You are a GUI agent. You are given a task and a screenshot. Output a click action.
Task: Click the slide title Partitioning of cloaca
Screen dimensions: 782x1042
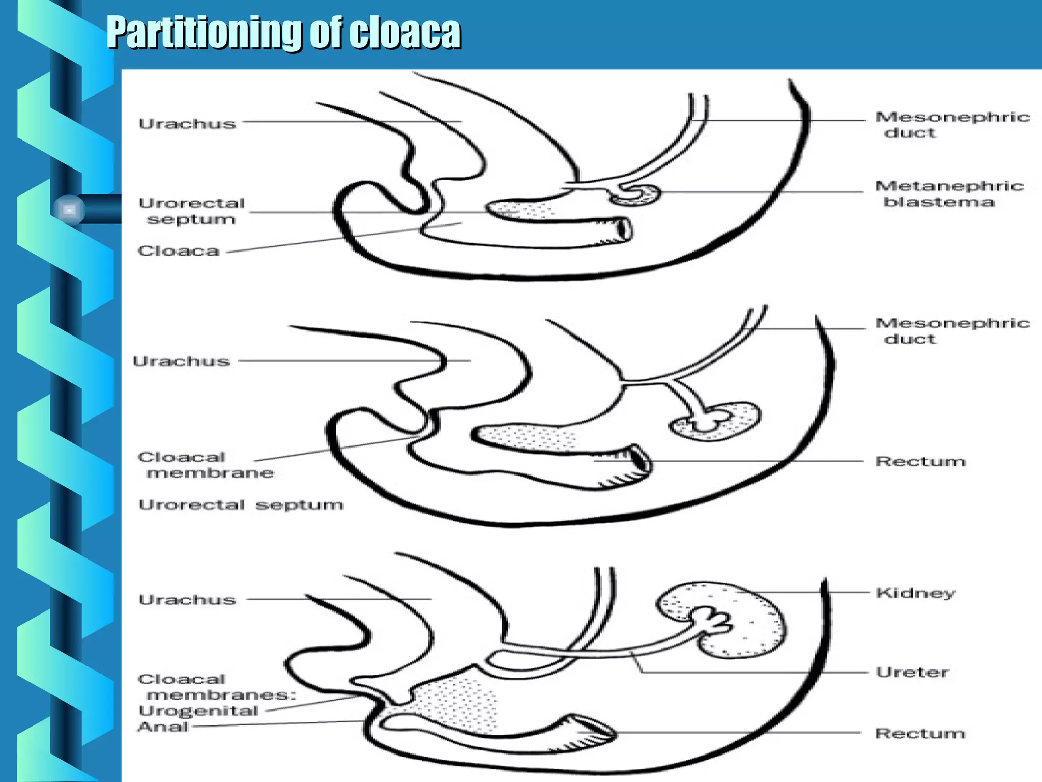(283, 33)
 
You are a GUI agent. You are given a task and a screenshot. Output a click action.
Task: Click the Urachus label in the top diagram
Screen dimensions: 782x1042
(187, 124)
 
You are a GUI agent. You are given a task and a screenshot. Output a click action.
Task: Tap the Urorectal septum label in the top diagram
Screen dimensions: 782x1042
(192, 211)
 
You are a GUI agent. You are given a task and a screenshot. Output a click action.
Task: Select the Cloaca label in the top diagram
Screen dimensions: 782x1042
(179, 251)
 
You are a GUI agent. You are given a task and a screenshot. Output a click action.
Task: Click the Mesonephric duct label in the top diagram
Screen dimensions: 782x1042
(951, 125)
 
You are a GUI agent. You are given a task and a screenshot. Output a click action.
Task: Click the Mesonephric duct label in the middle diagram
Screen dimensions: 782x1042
(951, 331)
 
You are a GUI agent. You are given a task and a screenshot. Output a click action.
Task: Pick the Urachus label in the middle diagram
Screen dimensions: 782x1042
(181, 361)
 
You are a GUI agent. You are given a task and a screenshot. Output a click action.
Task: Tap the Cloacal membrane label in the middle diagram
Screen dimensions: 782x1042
(206, 465)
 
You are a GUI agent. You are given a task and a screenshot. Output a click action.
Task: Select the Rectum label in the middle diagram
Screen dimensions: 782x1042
(920, 462)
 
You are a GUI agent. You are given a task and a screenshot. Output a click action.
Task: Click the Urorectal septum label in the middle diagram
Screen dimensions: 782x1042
(241, 505)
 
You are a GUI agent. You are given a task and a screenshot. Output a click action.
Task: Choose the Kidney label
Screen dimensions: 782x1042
(915, 593)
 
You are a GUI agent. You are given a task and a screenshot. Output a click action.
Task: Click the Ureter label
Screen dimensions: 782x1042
(912, 672)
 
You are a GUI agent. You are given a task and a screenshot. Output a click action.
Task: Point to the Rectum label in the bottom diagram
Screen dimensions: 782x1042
(920, 733)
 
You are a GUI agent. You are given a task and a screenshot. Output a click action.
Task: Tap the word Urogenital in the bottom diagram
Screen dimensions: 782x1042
(198, 711)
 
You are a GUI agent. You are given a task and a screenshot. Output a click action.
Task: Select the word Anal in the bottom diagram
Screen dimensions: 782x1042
(163, 727)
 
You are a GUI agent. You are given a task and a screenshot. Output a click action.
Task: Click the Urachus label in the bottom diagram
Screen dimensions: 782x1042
(187, 600)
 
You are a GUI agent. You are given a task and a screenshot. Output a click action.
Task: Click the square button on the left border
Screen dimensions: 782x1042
(70, 209)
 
